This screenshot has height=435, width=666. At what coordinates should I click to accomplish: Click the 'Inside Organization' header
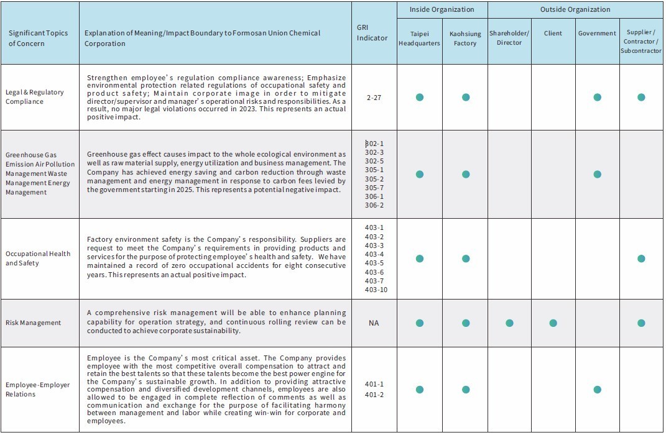[x=442, y=9]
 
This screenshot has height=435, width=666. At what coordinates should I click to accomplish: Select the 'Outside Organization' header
[x=575, y=9]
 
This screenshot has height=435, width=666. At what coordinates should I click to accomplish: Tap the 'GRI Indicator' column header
[x=372, y=34]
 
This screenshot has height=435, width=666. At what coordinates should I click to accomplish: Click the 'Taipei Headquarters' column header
[x=419, y=38]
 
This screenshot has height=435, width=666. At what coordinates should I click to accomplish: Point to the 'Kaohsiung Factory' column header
[x=465, y=38]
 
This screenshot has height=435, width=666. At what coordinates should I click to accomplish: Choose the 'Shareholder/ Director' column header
[x=509, y=38]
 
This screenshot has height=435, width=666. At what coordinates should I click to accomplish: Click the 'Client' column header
[x=553, y=33]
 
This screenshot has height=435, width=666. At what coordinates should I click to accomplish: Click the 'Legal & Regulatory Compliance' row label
[x=35, y=97]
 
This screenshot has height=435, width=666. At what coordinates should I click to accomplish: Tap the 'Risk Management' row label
[x=34, y=323]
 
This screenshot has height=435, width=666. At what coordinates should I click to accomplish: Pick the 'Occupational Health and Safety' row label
[x=38, y=259]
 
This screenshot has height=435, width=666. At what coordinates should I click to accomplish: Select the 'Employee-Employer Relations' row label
[x=38, y=390]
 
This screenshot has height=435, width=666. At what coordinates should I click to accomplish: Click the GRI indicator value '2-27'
[x=374, y=98]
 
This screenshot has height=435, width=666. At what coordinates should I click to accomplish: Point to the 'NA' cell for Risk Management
[x=374, y=323]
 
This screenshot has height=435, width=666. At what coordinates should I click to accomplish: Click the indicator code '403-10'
[x=376, y=290]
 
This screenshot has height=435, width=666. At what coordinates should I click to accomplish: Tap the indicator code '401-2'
[x=374, y=395]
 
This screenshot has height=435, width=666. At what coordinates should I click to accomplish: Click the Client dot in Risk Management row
[x=553, y=323]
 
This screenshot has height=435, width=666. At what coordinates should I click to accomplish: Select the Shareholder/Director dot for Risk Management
[x=509, y=323]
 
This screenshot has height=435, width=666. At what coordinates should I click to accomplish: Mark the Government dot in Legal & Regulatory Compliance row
[x=597, y=98]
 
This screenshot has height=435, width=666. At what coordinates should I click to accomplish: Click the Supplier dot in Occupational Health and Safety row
[x=641, y=259]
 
